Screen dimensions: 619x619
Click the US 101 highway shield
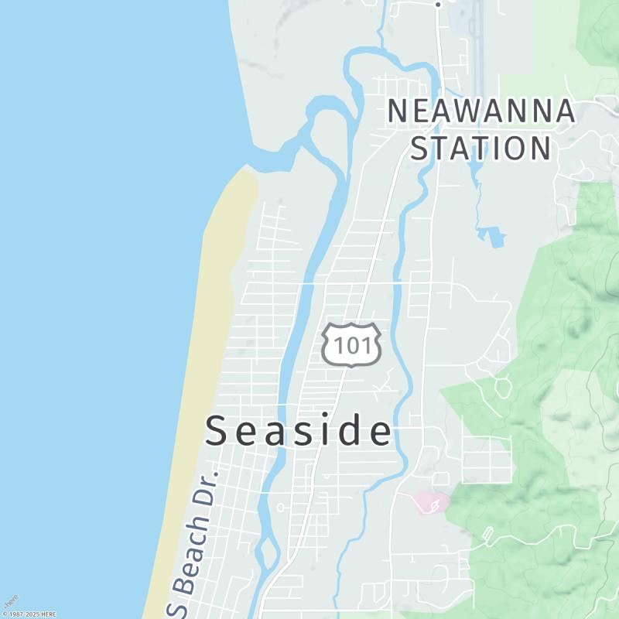click(x=351, y=344)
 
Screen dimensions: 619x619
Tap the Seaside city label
click(x=299, y=431)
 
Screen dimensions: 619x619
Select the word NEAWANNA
click(x=481, y=111)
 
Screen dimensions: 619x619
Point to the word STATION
click(x=480, y=147)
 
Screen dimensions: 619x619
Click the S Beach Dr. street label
click(x=193, y=542)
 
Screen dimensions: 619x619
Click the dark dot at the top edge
click(x=438, y=4)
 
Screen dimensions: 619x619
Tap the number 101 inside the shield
click(x=352, y=345)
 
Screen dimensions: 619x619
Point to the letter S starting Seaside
click(x=217, y=432)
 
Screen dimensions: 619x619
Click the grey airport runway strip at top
click(x=480, y=31)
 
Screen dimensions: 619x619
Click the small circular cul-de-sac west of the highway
click(x=279, y=508)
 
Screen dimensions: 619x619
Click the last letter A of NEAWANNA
click(x=565, y=111)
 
